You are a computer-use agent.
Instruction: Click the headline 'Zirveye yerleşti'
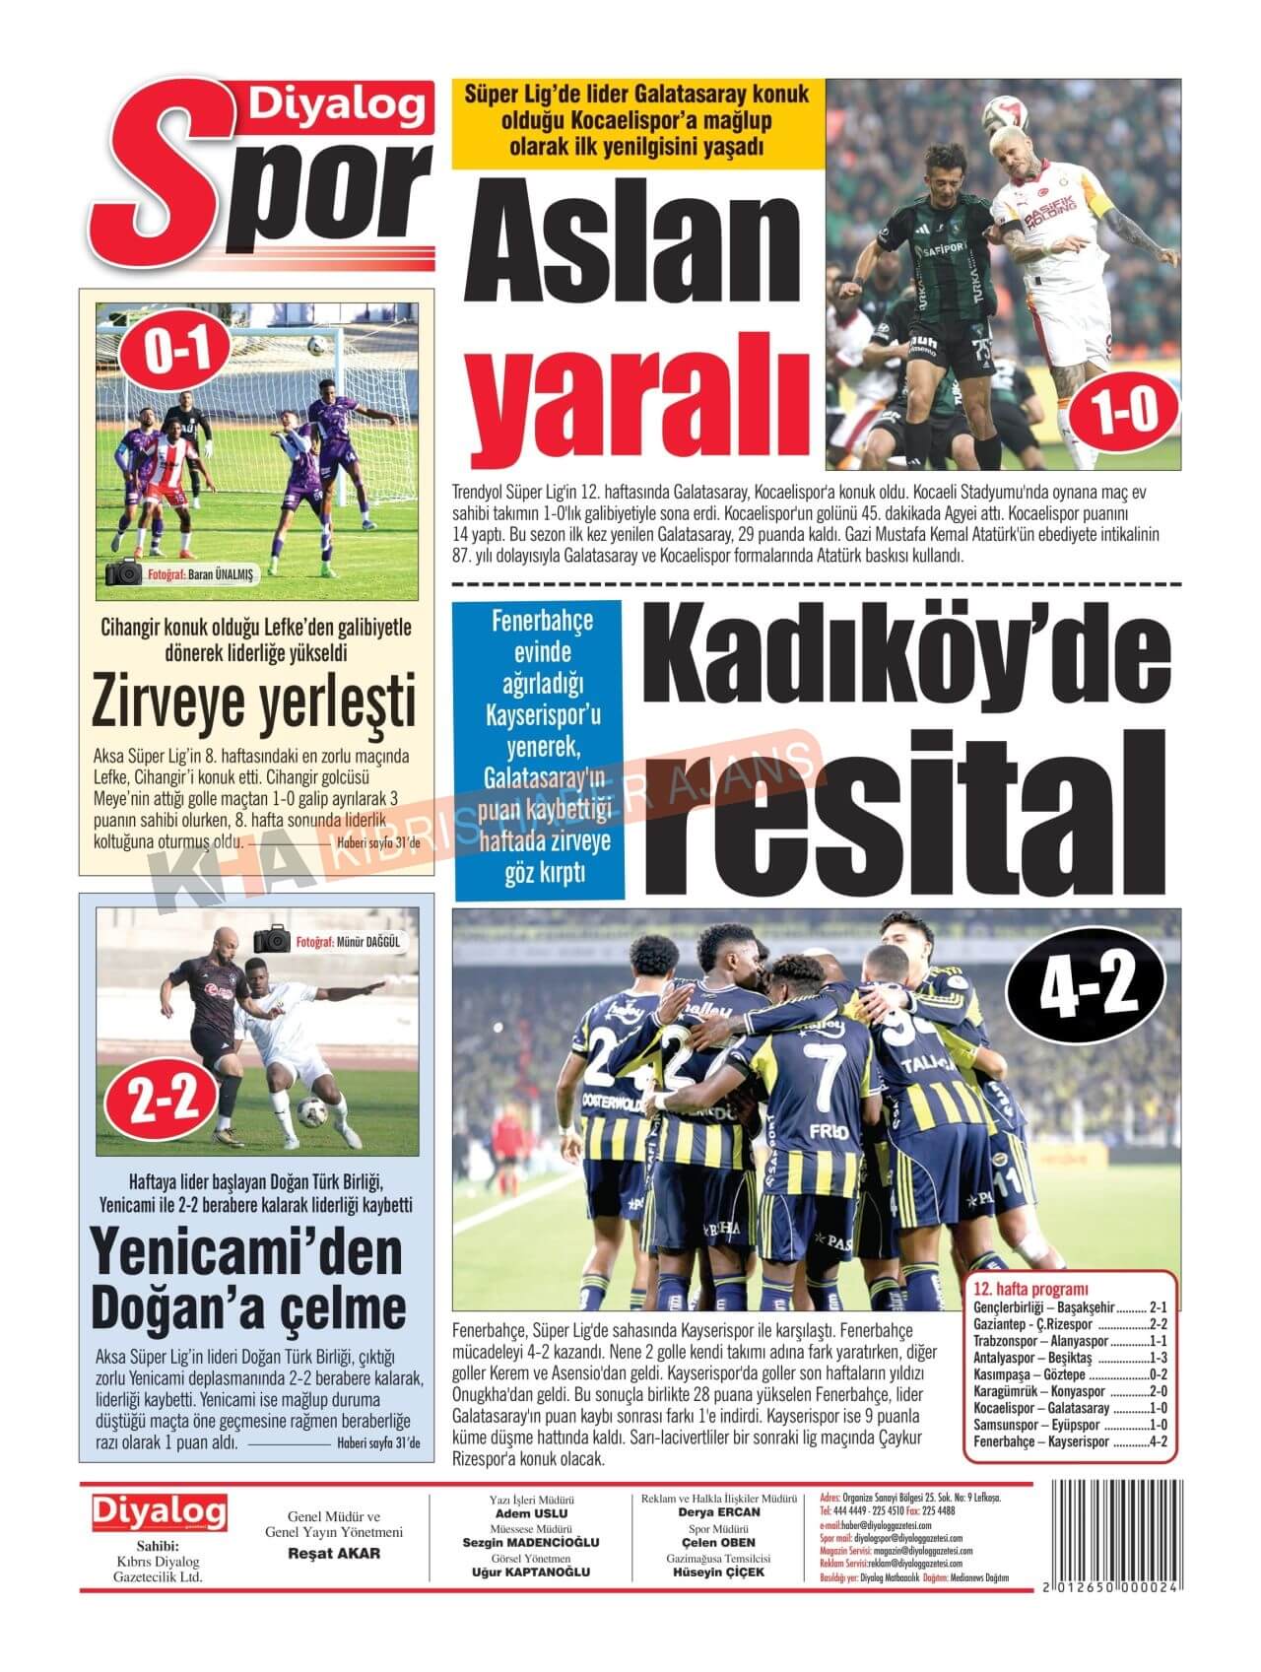point(255,702)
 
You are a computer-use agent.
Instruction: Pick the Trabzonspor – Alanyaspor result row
point(1070,1341)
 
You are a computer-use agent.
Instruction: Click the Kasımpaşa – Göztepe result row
point(1070,1374)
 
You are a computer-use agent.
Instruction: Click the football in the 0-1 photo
point(316,346)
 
